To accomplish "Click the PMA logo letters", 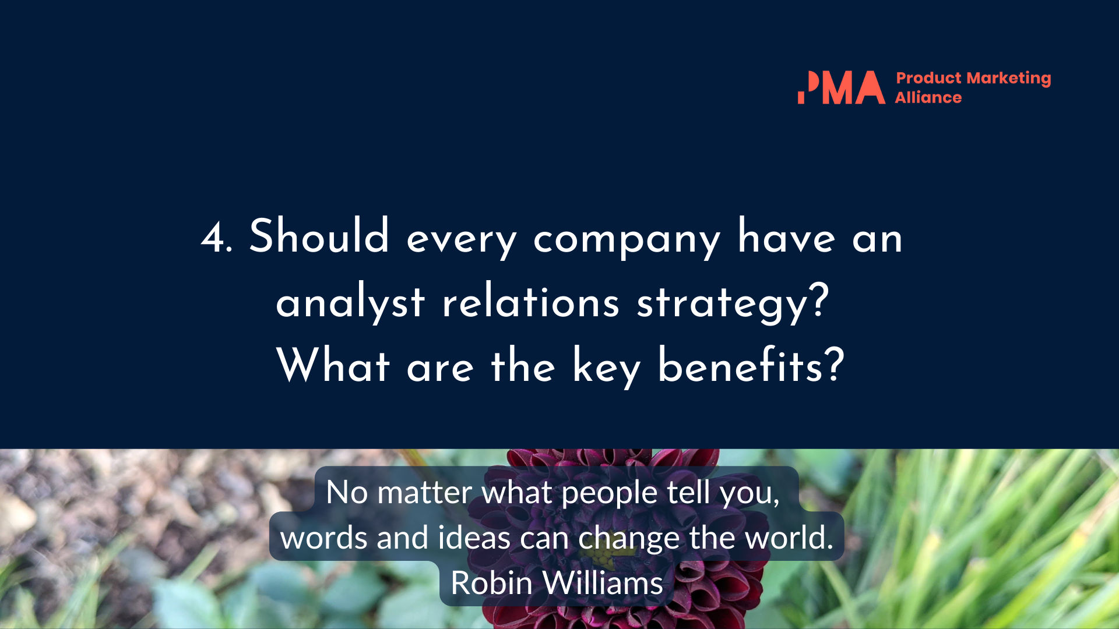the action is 841,87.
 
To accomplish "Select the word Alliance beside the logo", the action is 928,97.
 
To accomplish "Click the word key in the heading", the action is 607,367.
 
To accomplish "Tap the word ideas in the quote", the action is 474,537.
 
